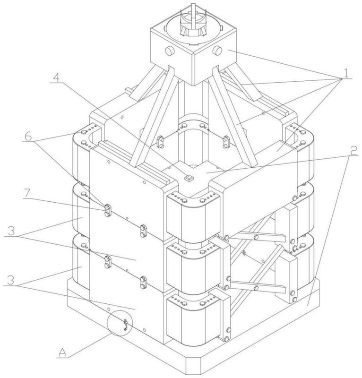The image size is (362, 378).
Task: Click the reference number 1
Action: (x=346, y=73)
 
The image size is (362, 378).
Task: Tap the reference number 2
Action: (x=353, y=151)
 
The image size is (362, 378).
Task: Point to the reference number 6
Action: (x=28, y=137)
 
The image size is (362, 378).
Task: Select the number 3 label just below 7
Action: (x=10, y=231)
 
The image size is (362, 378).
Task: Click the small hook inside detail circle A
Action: (x=125, y=325)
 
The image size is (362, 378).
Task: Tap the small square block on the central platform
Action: (x=189, y=178)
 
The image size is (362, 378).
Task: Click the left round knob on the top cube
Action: (x=170, y=51)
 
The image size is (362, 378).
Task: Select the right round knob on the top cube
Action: (x=217, y=51)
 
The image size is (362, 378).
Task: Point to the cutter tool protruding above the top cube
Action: (x=193, y=22)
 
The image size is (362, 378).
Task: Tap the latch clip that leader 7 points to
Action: (x=108, y=210)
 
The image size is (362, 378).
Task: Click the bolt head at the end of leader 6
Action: (x=84, y=132)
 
